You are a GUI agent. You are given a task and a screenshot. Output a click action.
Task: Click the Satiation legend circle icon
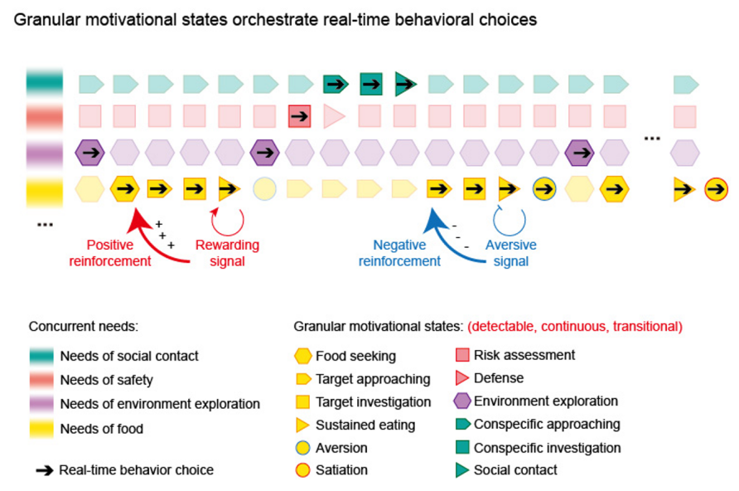point(302,470)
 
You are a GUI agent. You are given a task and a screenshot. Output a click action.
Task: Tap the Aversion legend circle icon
point(302,448)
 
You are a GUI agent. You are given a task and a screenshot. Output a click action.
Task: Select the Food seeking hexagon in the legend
point(302,357)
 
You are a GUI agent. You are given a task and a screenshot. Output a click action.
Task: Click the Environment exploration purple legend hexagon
point(462,401)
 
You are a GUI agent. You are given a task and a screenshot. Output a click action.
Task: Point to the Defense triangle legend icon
point(462,378)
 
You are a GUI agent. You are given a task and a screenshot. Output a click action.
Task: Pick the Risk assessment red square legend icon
point(462,356)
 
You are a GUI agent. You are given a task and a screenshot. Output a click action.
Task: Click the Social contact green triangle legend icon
point(462,470)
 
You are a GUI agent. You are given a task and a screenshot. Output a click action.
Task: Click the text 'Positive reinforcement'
point(119,253)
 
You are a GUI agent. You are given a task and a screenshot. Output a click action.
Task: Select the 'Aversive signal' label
point(510,253)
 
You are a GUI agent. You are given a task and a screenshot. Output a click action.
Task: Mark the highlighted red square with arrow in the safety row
point(299,116)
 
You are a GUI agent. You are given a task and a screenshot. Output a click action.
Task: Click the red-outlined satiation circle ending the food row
point(717,189)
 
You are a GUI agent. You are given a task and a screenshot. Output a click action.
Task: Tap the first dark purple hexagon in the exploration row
point(89,153)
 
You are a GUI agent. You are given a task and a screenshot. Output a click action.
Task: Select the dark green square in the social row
point(370,83)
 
